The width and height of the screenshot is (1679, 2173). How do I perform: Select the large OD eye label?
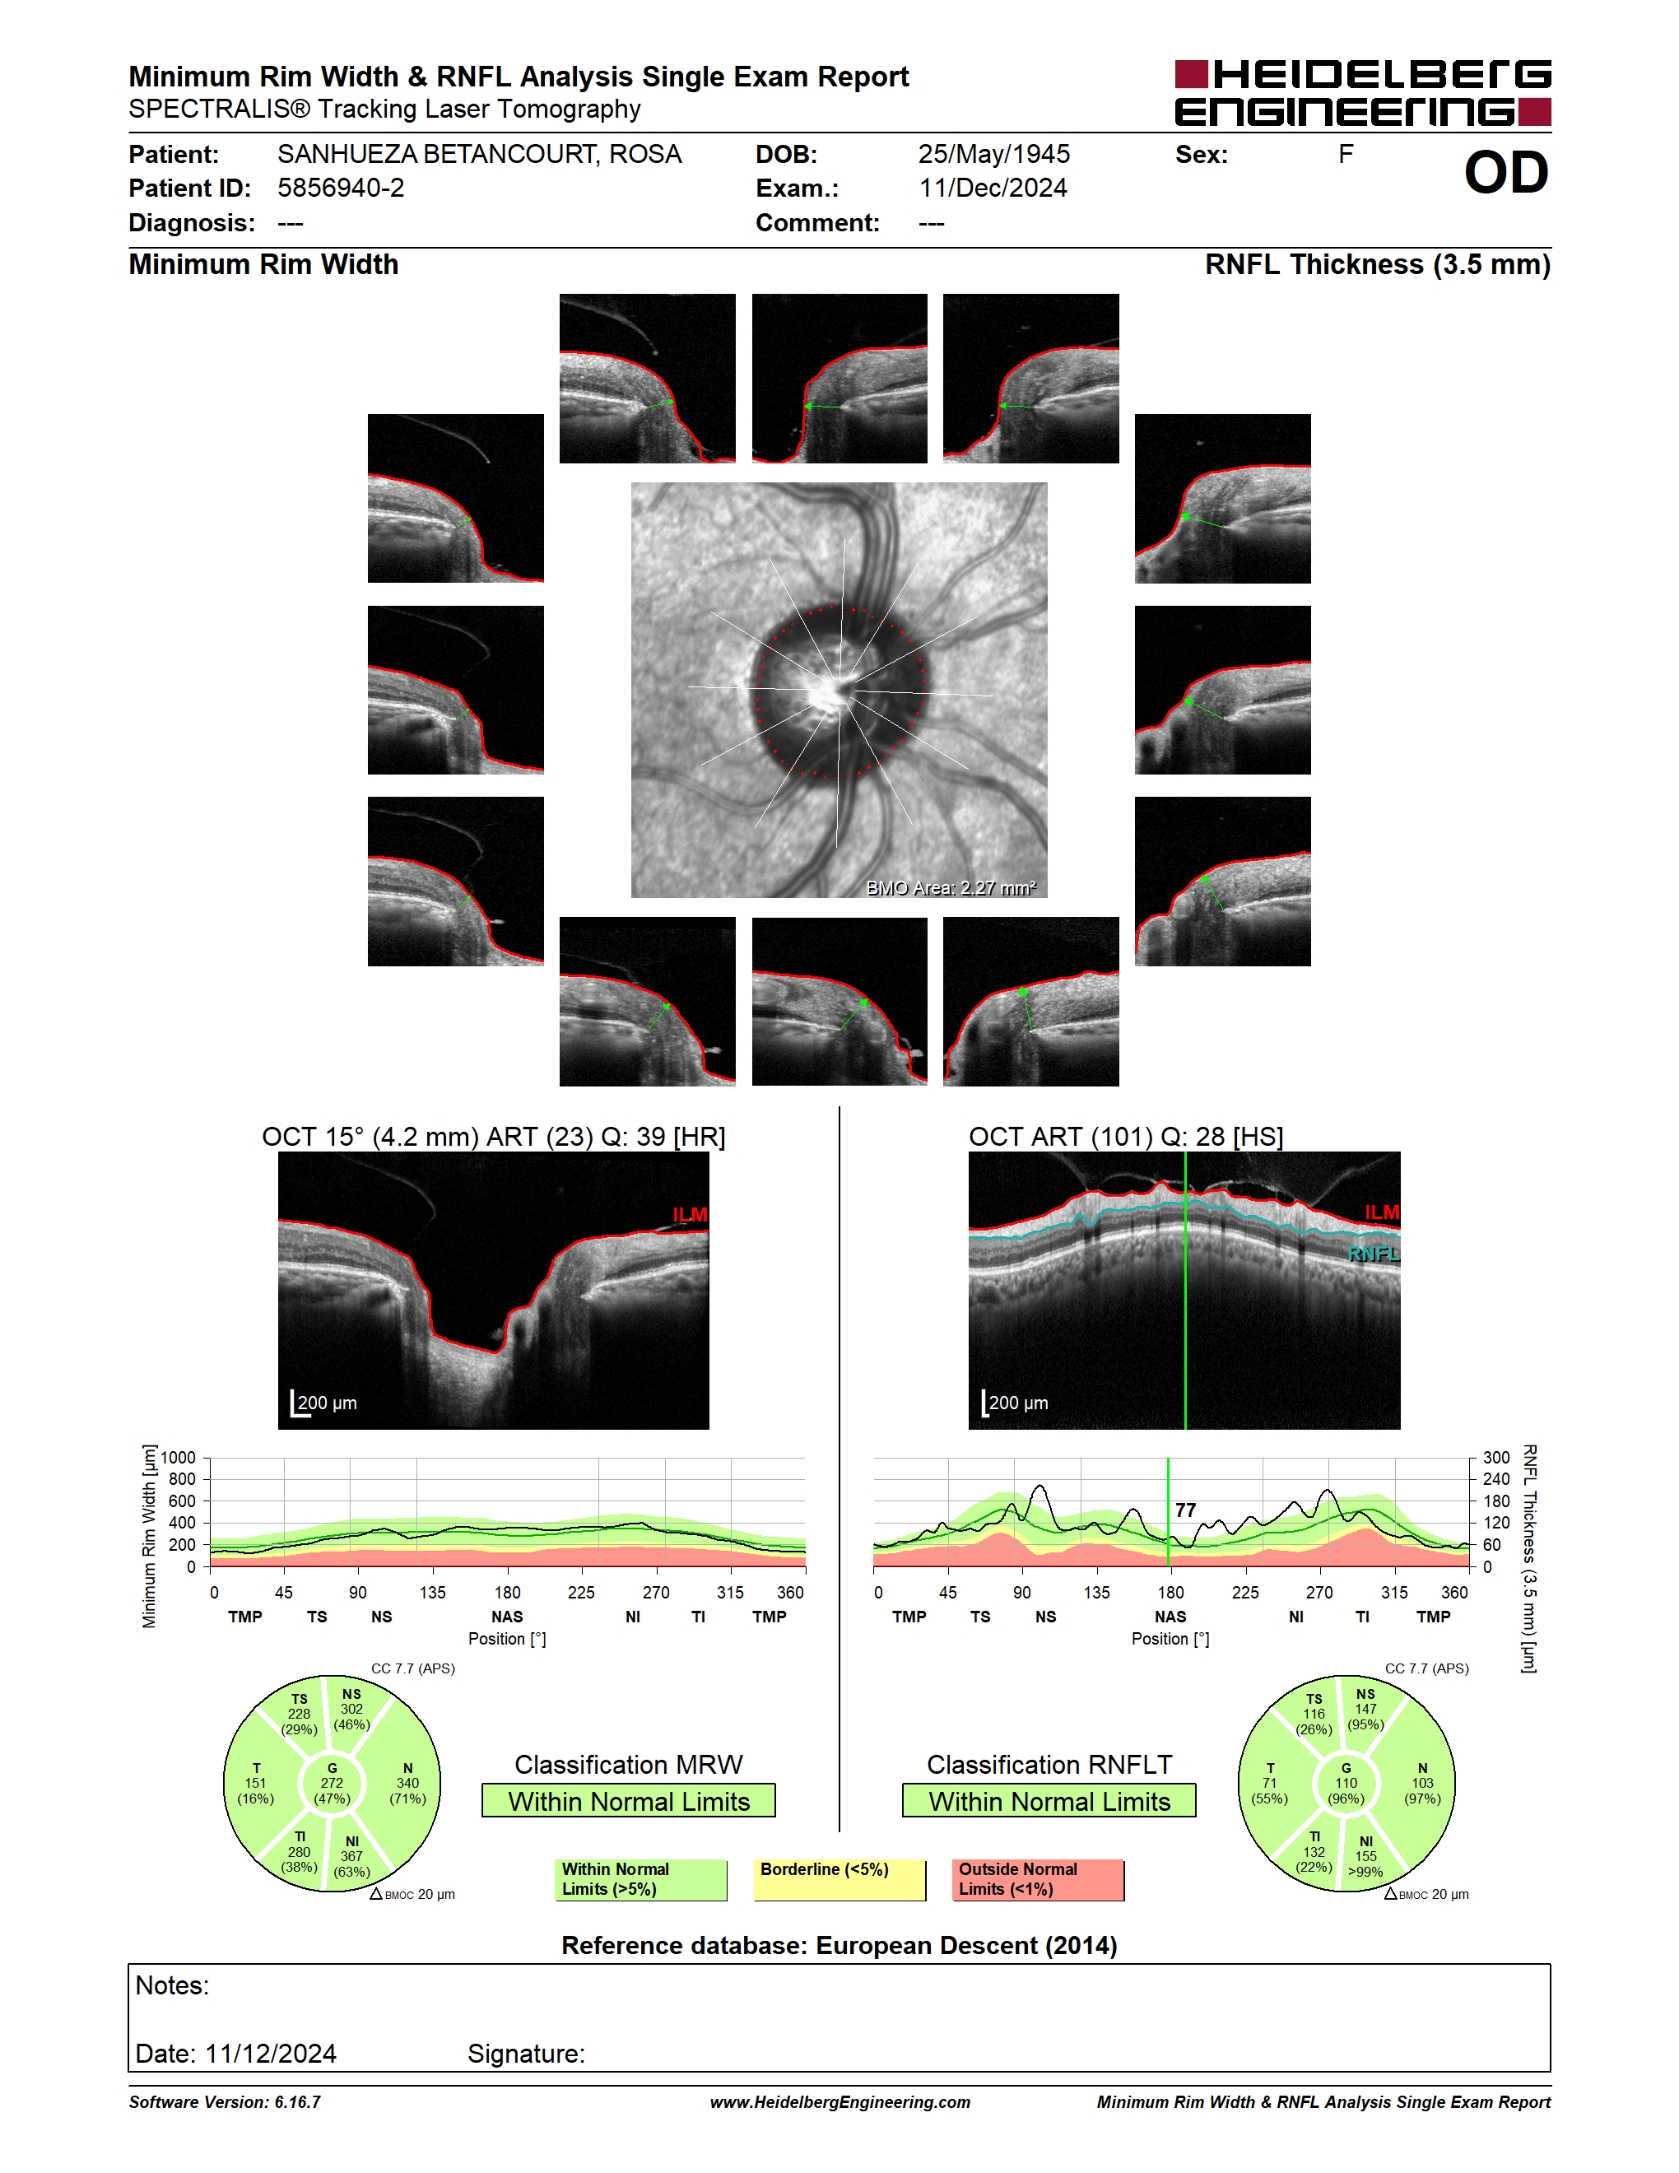coord(1506,173)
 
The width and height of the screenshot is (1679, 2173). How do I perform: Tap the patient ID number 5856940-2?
coord(342,188)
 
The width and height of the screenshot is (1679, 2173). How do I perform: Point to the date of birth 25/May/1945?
coord(993,154)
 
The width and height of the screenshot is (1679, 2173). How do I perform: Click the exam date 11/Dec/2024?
coord(993,188)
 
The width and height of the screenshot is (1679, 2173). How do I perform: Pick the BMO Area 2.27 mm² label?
coord(950,887)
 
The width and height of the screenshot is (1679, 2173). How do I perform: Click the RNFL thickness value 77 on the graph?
coord(1184,1510)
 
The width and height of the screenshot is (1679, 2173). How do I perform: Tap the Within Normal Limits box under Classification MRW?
coord(629,1801)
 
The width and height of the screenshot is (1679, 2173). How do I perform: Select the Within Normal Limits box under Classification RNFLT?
coord(1049,1801)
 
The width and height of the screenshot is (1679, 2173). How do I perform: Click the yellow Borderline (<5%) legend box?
coord(839,1879)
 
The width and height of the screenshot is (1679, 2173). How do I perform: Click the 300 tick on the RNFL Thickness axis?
coord(1496,1458)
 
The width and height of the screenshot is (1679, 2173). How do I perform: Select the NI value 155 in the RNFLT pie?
coord(1365,1855)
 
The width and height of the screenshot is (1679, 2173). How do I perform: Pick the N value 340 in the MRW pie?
coord(407,1783)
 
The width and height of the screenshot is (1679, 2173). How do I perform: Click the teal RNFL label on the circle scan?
coord(1374,1254)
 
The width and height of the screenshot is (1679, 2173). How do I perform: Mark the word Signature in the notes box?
coord(525,2054)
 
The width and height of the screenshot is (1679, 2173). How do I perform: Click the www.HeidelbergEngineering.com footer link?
coord(839,2102)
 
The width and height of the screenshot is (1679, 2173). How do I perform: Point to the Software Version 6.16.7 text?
coord(225,2102)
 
